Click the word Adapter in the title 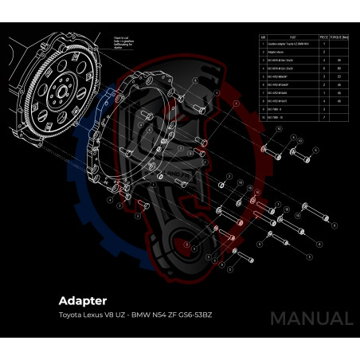82,301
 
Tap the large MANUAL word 311,319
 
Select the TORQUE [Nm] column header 339,37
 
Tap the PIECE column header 323,37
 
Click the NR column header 264,37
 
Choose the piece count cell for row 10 323,117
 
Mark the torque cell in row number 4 339,68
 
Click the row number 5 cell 264,76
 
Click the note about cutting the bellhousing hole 123,41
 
